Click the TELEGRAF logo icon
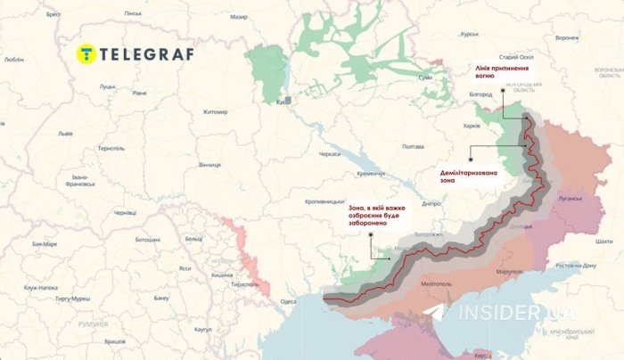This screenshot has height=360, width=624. click(86, 52)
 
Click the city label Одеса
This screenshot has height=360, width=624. click(288, 301)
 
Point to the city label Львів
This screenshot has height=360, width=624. click(65, 133)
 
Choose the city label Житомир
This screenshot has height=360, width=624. click(215, 111)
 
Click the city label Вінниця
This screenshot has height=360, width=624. click(209, 165)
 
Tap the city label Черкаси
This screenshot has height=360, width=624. click(329, 154)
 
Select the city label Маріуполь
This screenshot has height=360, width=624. click(509, 271)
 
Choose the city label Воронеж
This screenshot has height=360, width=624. click(566, 38)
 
